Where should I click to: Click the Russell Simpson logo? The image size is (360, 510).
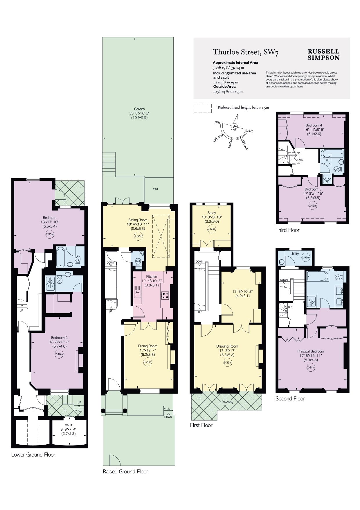(x=323, y=54)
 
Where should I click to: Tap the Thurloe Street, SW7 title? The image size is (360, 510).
(x=246, y=52)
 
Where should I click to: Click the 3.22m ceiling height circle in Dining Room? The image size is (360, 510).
(x=148, y=362)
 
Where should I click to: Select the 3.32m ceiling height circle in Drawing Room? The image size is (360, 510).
(x=228, y=362)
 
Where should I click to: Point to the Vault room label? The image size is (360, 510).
(x=69, y=425)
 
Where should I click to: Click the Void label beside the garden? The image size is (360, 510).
(x=156, y=189)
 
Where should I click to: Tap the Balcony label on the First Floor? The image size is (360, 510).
(x=228, y=402)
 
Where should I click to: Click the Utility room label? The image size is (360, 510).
(x=295, y=254)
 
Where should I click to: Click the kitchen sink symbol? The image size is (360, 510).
(x=137, y=292)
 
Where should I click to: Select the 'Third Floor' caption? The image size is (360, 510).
(x=287, y=230)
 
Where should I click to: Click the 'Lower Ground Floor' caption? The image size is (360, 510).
(x=33, y=455)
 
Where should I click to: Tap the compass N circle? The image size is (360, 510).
(x=234, y=126)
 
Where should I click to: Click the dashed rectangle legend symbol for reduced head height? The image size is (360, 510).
(x=203, y=108)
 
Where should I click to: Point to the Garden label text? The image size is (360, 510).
(x=139, y=109)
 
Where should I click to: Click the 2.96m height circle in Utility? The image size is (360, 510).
(x=305, y=257)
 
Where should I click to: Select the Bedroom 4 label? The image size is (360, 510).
(x=314, y=125)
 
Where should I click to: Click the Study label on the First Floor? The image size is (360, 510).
(x=212, y=213)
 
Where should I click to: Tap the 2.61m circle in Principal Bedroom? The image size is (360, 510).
(x=311, y=367)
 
